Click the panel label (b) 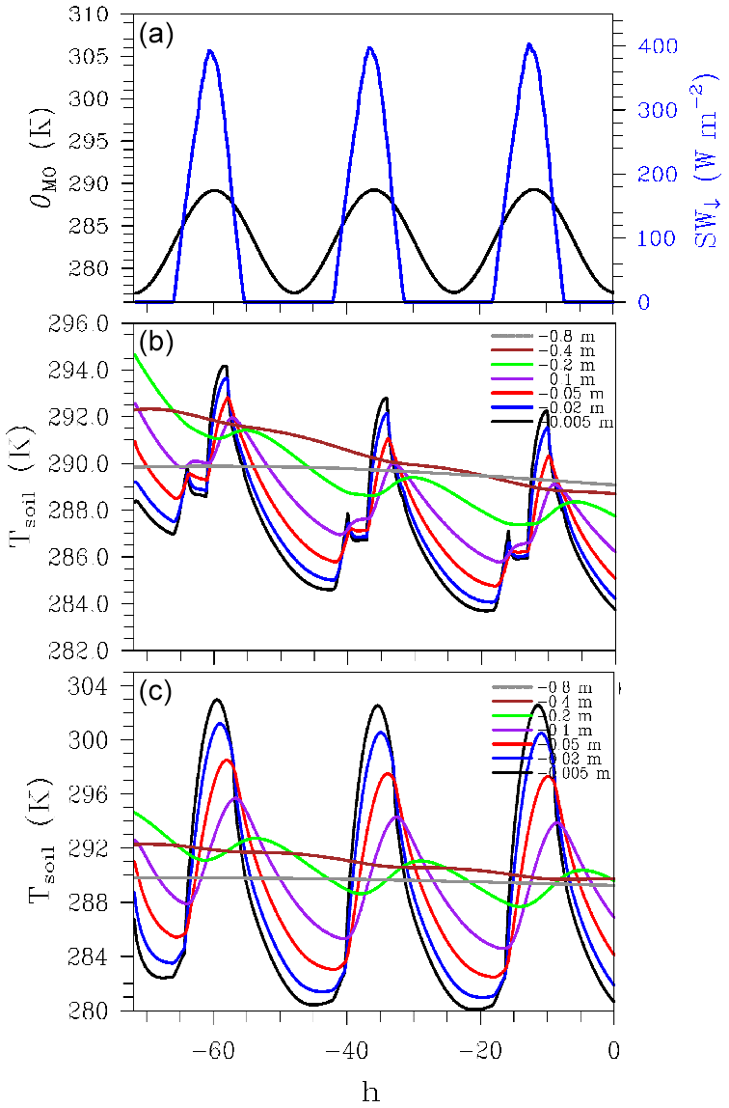pos(155,342)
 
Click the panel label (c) pos(155,691)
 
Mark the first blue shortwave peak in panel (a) pos(210,52)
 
